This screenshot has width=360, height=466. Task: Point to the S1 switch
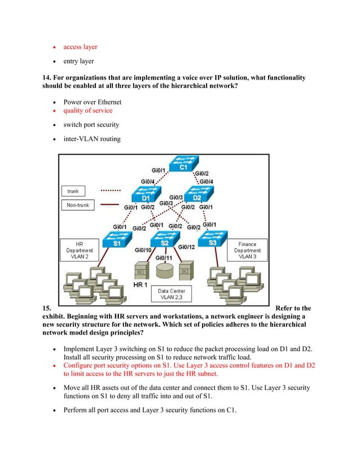(117, 241)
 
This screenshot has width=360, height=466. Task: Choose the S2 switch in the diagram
(164, 241)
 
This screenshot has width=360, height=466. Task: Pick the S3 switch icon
(212, 241)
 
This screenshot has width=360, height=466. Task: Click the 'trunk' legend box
(75, 191)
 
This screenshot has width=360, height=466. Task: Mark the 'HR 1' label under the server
(141, 285)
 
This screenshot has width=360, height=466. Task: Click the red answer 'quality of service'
(87, 111)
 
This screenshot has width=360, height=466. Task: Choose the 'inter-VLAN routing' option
(91, 138)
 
